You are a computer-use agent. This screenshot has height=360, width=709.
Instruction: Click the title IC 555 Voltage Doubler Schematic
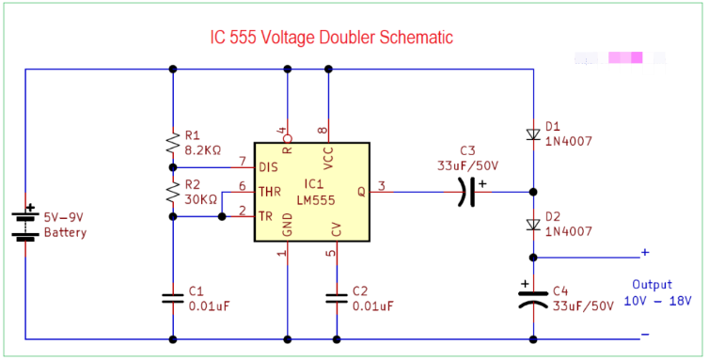coord(331,39)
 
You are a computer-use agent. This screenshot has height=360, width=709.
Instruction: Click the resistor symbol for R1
coord(173,143)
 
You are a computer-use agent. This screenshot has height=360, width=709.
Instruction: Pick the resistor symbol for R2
coord(173,193)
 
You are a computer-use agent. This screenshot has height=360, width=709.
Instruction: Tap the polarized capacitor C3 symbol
coord(467,193)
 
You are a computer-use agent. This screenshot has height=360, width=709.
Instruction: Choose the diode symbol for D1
coord(533,134)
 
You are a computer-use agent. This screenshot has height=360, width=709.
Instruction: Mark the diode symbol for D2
coord(533,224)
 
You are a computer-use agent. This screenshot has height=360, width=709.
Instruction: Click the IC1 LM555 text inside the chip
coord(312,191)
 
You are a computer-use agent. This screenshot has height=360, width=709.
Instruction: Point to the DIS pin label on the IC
coord(269,167)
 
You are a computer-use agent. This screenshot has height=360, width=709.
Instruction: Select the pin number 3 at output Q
coord(383,185)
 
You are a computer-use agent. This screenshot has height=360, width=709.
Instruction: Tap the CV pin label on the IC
coord(337,228)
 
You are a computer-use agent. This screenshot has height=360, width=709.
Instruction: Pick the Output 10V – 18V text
coord(657,293)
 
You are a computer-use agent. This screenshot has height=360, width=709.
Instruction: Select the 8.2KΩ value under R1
coord(203,149)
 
